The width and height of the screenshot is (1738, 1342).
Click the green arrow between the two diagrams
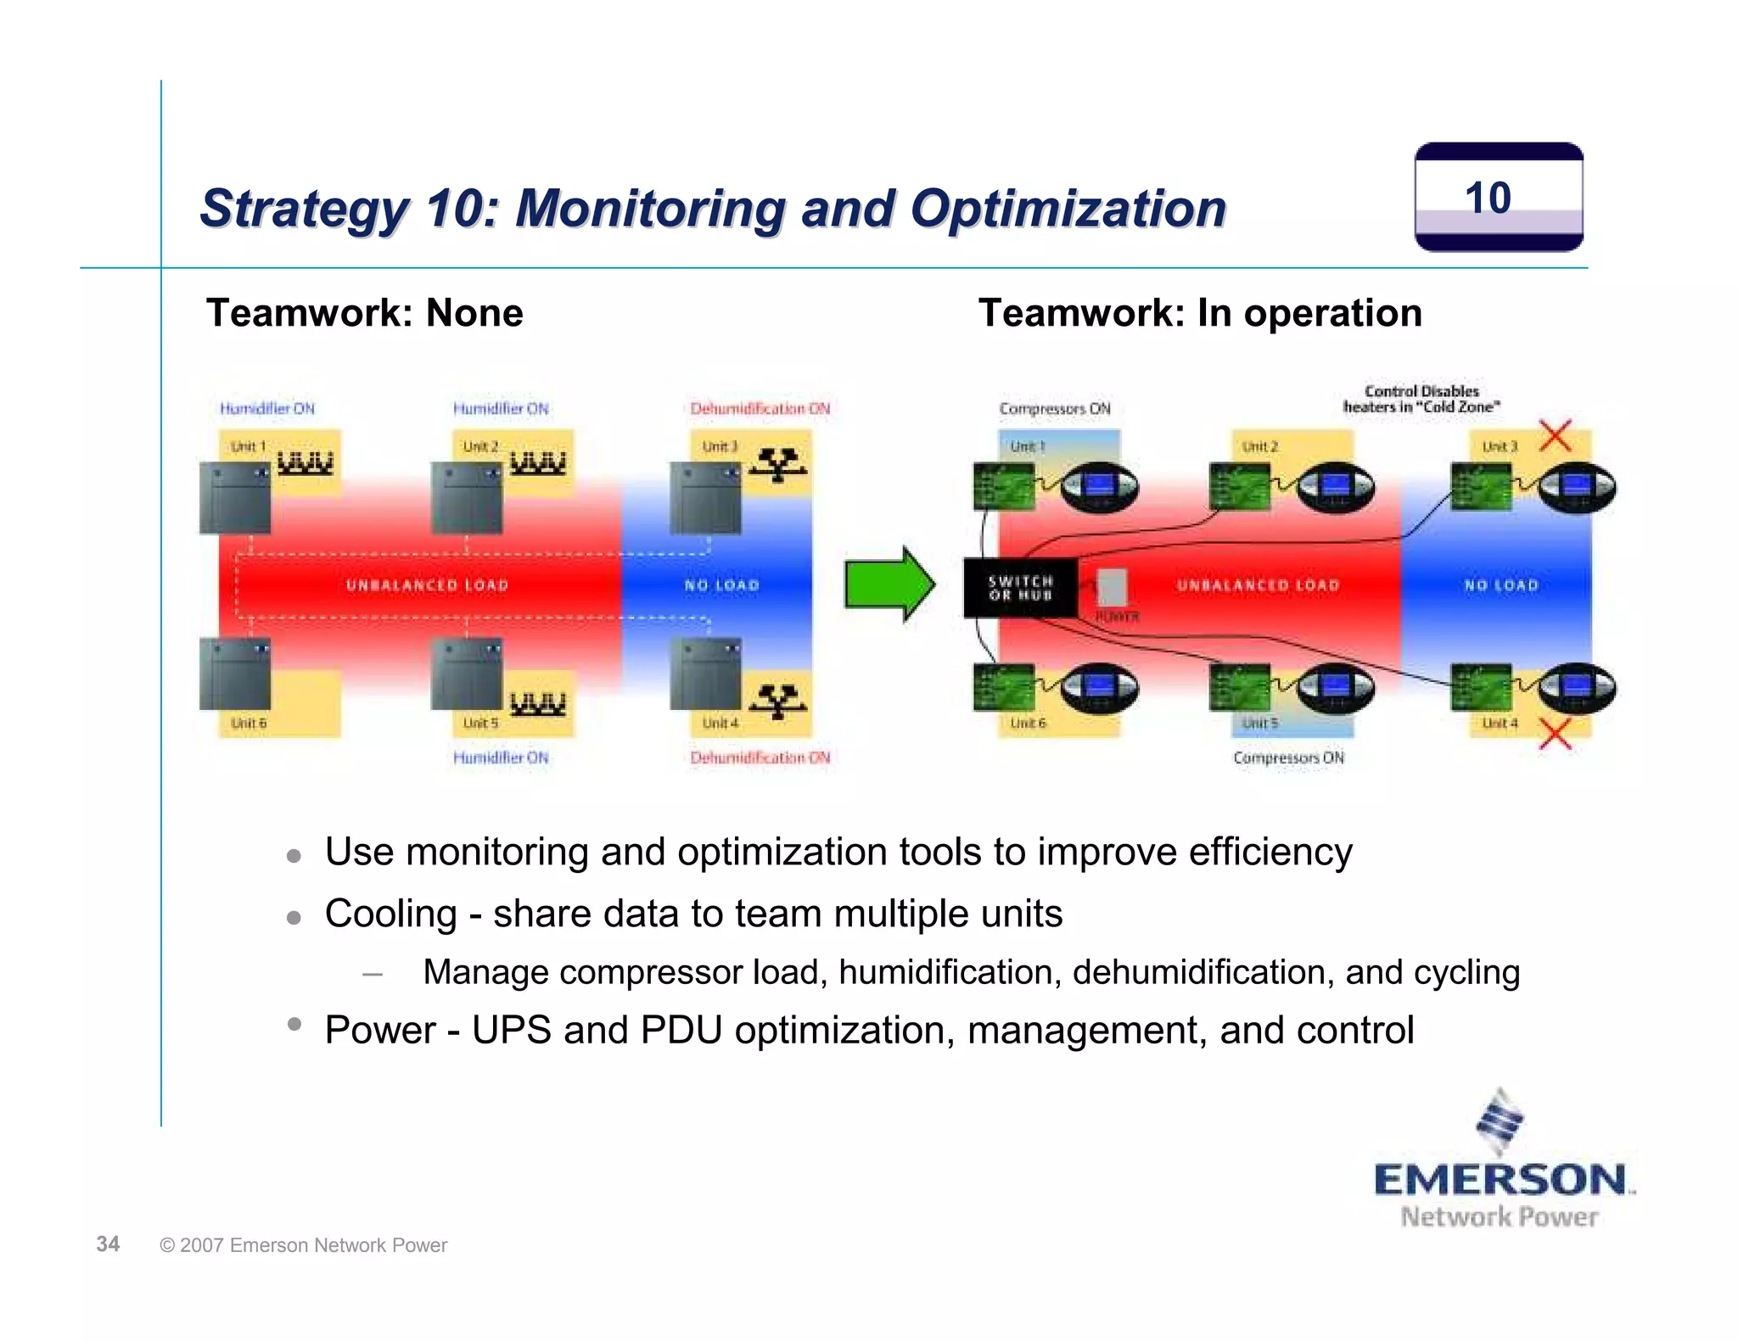pos(889,584)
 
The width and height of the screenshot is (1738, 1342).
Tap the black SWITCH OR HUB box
pos(1020,587)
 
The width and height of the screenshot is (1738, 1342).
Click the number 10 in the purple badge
pos(1488,199)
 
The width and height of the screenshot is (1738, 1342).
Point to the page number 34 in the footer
pos(108,1244)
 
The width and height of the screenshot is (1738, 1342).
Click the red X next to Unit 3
pos(1555,436)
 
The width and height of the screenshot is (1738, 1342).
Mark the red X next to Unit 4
pos(1555,734)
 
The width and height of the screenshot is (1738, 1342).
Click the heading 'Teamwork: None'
pos(364,313)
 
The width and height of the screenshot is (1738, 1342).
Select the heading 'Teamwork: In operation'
pos(1199,313)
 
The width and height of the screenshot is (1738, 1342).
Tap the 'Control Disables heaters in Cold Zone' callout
pos(1421,399)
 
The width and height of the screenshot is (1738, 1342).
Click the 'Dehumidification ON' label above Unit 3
pos(760,409)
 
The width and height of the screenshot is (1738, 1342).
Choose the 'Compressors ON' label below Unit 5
pos(1288,758)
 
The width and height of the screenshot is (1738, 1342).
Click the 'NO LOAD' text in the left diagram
pos(721,585)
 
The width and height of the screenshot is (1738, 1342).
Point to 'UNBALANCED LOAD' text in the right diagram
pos(1258,585)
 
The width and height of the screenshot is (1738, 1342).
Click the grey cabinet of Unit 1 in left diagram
pos(235,498)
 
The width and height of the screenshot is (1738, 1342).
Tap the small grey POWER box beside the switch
pos(1112,587)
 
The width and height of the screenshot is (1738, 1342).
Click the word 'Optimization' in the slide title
pos(1068,209)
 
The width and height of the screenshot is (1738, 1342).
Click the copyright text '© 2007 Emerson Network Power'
pos(303,1245)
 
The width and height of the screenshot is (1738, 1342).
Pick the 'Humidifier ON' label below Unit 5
pos(501,758)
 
